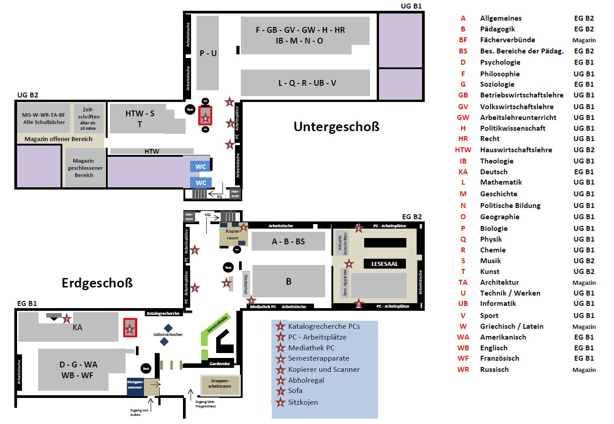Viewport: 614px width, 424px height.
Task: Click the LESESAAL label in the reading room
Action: tap(384, 264)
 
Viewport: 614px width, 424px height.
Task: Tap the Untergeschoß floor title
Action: tap(336, 127)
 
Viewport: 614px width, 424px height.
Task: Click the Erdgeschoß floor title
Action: tap(97, 283)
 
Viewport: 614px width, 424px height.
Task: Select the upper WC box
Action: tap(200, 167)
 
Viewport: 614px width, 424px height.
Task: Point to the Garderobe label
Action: tap(219, 364)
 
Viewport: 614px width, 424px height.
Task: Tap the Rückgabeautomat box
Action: tap(135, 385)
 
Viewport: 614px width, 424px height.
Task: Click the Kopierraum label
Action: tap(233, 234)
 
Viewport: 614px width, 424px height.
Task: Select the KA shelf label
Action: tap(78, 327)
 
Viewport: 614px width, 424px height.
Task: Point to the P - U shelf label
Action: tap(208, 53)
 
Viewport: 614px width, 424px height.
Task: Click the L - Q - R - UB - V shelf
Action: tap(307, 83)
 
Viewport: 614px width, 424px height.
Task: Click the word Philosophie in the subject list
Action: tap(500, 74)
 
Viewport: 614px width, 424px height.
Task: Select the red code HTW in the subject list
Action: tap(463, 150)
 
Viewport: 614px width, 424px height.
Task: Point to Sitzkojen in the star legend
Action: tap(303, 402)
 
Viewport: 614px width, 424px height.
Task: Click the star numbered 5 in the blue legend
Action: tap(281, 370)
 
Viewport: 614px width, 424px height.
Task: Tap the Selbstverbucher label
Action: tap(168, 335)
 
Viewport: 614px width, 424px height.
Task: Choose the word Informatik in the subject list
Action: tap(498, 304)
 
